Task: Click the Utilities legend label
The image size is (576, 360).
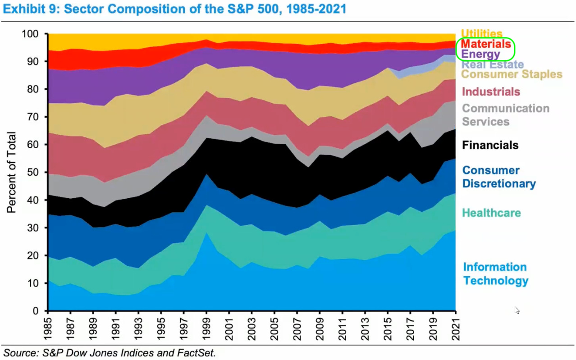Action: coord(481,34)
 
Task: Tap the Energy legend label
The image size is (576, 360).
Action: coord(480,55)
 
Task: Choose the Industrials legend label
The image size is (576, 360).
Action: coord(491,92)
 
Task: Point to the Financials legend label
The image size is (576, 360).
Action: coord(490,145)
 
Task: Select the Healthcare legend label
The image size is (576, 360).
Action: coord(492,213)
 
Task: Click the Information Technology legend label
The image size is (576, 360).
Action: coord(495,274)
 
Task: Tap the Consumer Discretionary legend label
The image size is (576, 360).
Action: coord(499,177)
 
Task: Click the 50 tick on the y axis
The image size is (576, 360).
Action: coord(37,173)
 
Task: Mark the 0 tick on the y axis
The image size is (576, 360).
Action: coord(40,311)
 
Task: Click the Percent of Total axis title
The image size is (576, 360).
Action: coord(12,172)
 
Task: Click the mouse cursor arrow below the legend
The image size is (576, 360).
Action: coord(517,310)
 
